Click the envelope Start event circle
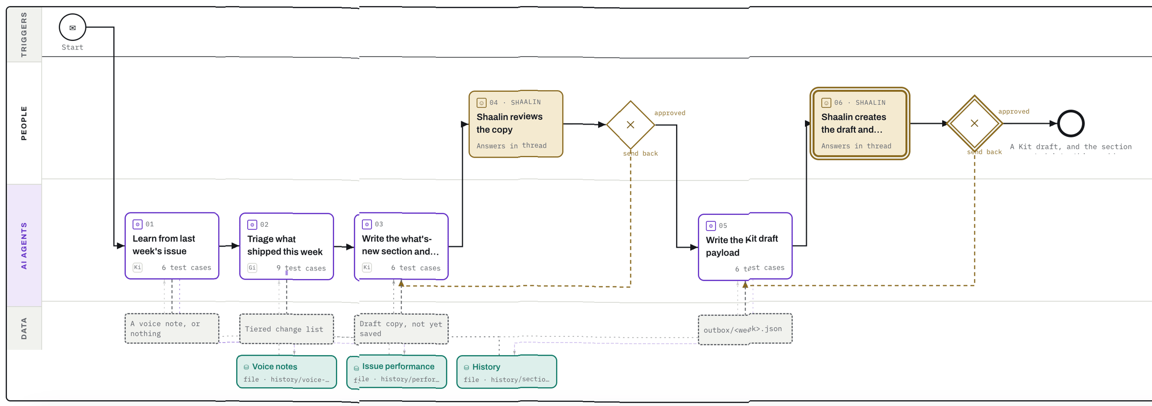pyautogui.click(x=72, y=27)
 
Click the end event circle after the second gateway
pyautogui.click(x=1071, y=123)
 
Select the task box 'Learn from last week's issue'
pyautogui.click(x=172, y=246)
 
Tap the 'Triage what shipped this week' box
pyautogui.click(x=287, y=246)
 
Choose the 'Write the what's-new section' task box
pyautogui.click(x=401, y=246)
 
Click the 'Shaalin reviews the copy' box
pyautogui.click(x=516, y=124)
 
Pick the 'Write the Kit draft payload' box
pyautogui.click(x=745, y=246)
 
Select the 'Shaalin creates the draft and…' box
pyautogui.click(x=860, y=123)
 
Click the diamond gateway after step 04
pyautogui.click(x=631, y=125)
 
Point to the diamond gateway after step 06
pyautogui.click(x=974, y=123)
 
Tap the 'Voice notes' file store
pyautogui.click(x=287, y=372)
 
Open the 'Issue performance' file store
pyautogui.click(x=396, y=372)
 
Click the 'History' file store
pyautogui.click(x=507, y=372)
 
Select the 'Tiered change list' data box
pyautogui.click(x=287, y=329)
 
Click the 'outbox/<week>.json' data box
pyautogui.click(x=745, y=329)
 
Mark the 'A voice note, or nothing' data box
pyautogui.click(x=172, y=329)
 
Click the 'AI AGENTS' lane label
pyautogui.click(x=24, y=246)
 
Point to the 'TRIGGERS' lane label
pyautogui.click(x=24, y=35)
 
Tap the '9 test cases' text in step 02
pyautogui.click(x=301, y=268)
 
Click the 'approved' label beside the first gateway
pyautogui.click(x=670, y=113)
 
